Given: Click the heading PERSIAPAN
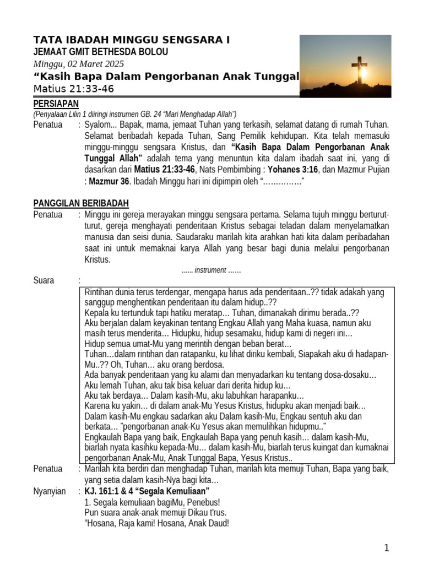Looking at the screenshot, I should pos(56,104).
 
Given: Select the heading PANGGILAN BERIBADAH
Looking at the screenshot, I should pos(81,203).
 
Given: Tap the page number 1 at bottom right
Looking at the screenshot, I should pos(387,547).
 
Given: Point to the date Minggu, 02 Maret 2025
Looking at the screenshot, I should pos(79,64).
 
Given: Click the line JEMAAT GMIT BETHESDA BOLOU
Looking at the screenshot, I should pos(101,52).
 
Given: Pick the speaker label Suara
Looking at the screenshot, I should pos(44,280).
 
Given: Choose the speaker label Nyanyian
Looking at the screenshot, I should pos(49,491).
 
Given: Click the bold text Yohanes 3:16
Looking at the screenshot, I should pos(293,169).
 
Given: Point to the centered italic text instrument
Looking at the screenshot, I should pos(210,270).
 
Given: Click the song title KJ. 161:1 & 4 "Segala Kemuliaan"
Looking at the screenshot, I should pos(147,491).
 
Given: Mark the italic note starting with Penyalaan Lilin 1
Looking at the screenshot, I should pos(135,114).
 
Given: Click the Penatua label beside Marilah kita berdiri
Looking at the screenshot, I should pos(48,469).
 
